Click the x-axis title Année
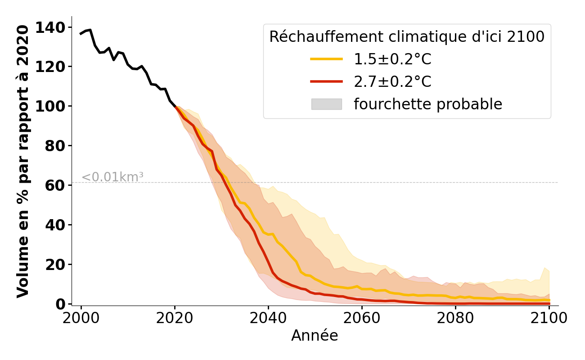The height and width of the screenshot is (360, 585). (x=315, y=336)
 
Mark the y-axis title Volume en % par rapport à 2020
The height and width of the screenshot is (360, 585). (x=23, y=161)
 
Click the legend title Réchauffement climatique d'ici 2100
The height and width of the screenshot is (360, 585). (x=407, y=37)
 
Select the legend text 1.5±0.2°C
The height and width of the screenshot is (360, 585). (x=392, y=59)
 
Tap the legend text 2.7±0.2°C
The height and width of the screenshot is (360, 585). (x=392, y=82)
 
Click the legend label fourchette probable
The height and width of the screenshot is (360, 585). (x=427, y=104)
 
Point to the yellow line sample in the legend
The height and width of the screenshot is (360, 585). (x=327, y=59)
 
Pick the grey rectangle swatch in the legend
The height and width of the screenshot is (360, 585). (x=327, y=104)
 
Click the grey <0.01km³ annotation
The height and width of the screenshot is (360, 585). (x=112, y=177)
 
